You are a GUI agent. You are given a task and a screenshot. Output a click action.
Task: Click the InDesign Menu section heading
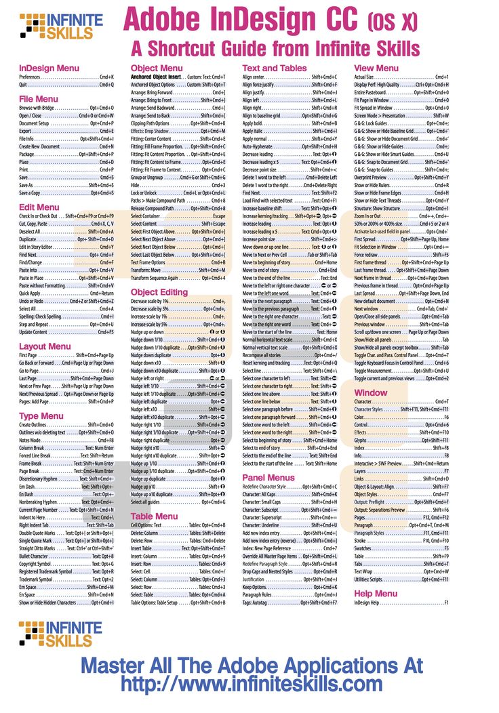[x=49, y=68]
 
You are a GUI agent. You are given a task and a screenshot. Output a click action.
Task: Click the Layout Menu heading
[x=45, y=346]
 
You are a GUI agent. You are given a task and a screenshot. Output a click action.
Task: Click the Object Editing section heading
[x=159, y=292]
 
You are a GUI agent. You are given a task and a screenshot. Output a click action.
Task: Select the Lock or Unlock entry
[x=178, y=192]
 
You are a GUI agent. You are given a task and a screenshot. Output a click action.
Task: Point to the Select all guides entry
[x=178, y=502]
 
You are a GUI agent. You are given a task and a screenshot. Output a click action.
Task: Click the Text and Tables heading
[x=274, y=68]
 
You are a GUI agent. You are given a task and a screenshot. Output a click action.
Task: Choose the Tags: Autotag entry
[x=290, y=603]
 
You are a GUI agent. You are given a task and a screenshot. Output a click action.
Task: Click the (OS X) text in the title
[x=393, y=22]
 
